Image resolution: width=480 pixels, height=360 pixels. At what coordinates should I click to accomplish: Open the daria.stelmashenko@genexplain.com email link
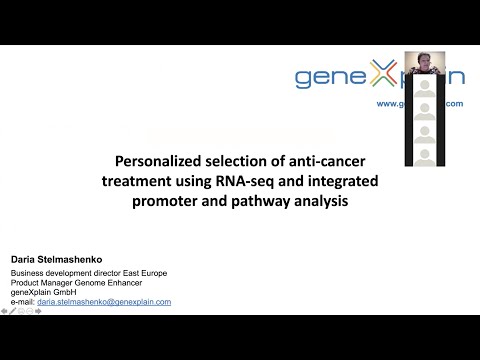pos(104,301)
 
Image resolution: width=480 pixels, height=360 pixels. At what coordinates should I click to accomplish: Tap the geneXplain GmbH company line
pos(42,292)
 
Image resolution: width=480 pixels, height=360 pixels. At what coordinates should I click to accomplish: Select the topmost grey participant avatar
pos(424,87)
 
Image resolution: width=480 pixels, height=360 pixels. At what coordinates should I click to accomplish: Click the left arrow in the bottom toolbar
pos(4,311)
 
